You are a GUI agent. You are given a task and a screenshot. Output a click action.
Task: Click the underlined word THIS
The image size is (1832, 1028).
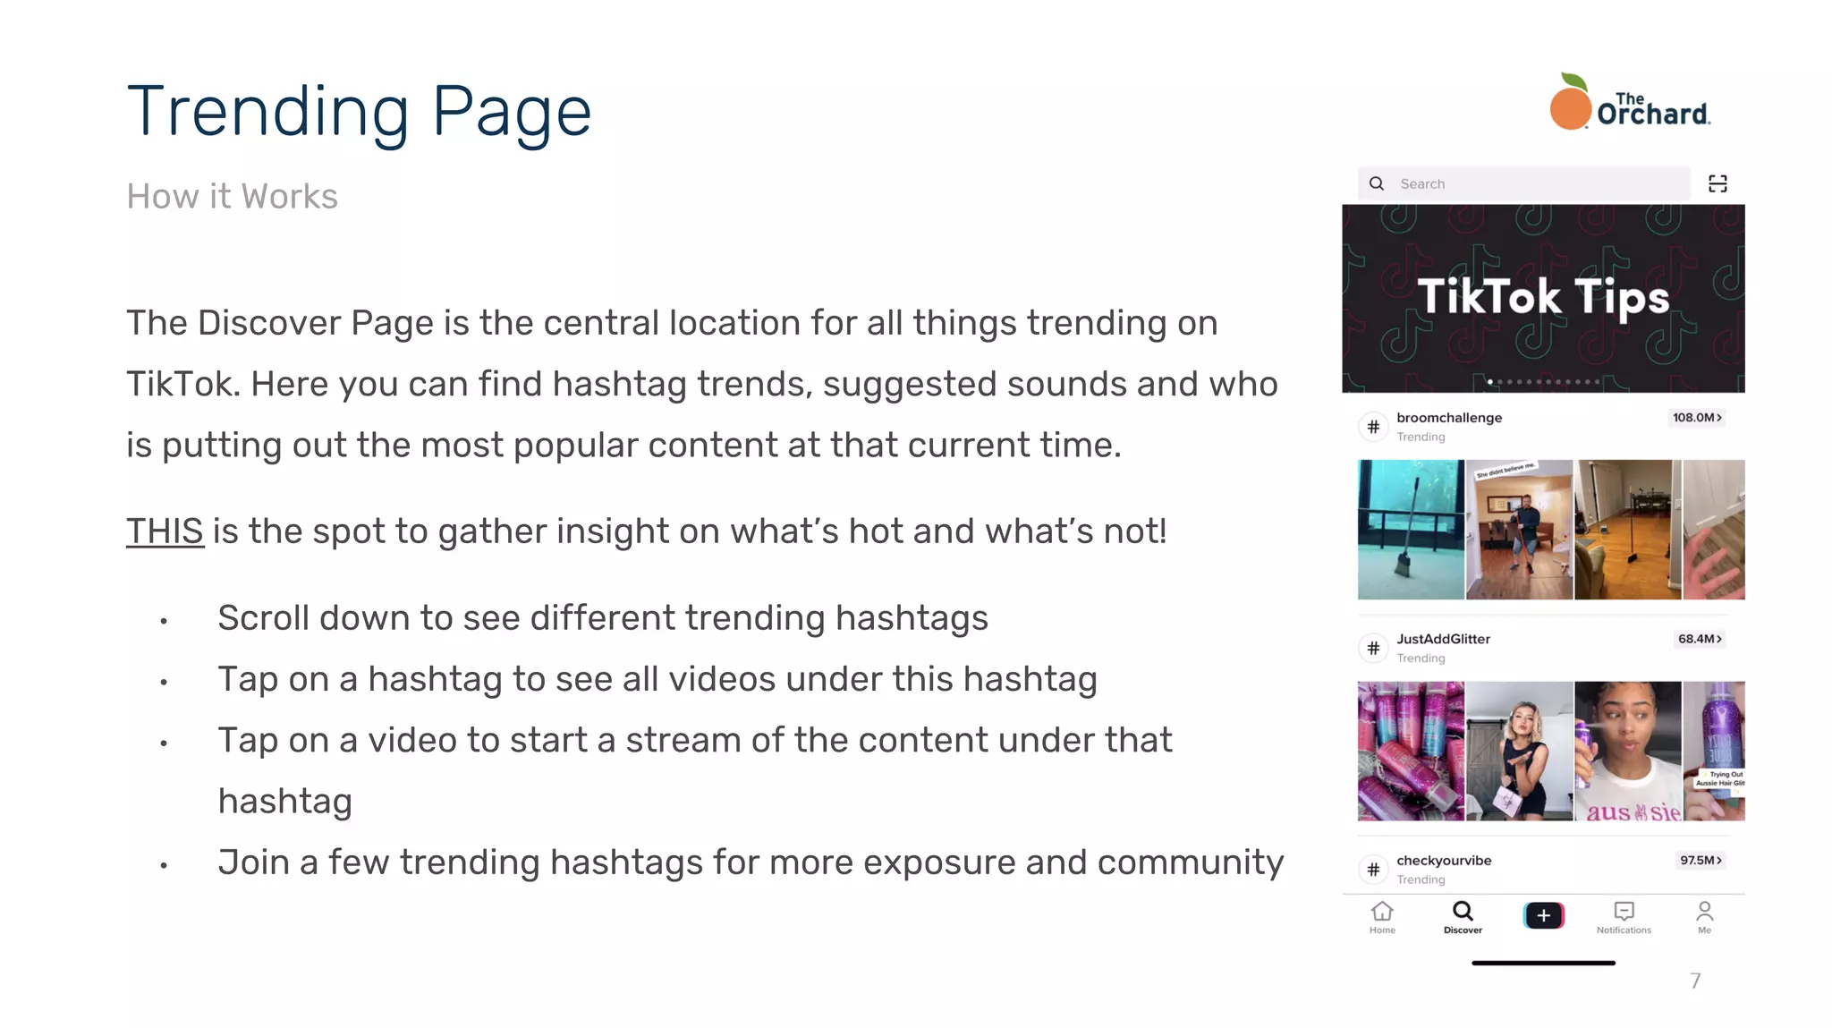click(x=165, y=531)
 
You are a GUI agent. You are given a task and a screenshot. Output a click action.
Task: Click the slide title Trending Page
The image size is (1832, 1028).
click(x=359, y=112)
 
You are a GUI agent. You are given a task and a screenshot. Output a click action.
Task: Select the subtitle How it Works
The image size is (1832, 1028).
click(x=232, y=197)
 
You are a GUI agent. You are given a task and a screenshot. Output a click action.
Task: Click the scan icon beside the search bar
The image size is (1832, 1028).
click(x=1717, y=183)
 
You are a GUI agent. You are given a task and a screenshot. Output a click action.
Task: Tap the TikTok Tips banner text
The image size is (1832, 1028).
click(x=1543, y=297)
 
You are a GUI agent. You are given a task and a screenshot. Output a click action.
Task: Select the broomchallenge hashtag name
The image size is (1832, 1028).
click(x=1449, y=418)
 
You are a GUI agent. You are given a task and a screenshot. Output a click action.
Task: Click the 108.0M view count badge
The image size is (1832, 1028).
click(x=1697, y=418)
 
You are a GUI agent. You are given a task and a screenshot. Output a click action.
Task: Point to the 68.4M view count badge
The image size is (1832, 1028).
click(x=1700, y=639)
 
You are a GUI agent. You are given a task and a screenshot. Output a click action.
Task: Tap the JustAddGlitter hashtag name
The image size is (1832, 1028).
click(x=1443, y=639)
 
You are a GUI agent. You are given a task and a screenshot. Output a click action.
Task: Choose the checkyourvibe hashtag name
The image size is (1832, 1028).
click(x=1444, y=861)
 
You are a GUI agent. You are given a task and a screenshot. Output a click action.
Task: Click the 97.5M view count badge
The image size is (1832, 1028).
click(x=1701, y=861)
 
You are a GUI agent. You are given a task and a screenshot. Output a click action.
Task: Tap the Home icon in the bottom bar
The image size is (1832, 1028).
click(x=1382, y=913)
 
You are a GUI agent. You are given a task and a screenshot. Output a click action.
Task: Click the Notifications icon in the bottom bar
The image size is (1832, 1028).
click(x=1624, y=913)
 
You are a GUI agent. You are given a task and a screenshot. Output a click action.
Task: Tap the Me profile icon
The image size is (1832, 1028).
click(x=1705, y=913)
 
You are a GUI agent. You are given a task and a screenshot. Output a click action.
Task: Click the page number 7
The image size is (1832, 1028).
click(x=1695, y=981)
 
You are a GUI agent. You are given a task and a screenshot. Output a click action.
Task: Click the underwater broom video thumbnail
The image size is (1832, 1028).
click(x=1411, y=530)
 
